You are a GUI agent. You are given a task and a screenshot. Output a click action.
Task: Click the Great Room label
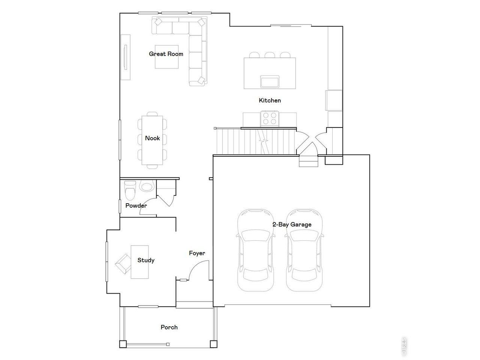coord(166,54)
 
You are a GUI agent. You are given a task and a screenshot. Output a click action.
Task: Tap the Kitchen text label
coord(270,100)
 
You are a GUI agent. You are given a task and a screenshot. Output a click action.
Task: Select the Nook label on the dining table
coord(152,138)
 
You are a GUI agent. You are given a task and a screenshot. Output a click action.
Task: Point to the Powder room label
coord(136,205)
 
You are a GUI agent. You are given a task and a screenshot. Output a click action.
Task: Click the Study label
coord(145,260)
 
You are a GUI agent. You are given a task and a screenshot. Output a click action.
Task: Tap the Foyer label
coord(197,253)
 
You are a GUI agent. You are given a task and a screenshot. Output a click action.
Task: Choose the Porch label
coord(169,327)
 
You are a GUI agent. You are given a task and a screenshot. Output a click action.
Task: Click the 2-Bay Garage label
coord(292,225)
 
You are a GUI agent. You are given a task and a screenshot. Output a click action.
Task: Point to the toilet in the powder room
coord(130,190)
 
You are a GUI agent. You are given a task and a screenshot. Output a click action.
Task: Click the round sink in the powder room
coord(147,186)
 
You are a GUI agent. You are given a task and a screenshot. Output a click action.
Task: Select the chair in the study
coord(123,263)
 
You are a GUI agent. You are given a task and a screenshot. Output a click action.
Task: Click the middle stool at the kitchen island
coord(270,55)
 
